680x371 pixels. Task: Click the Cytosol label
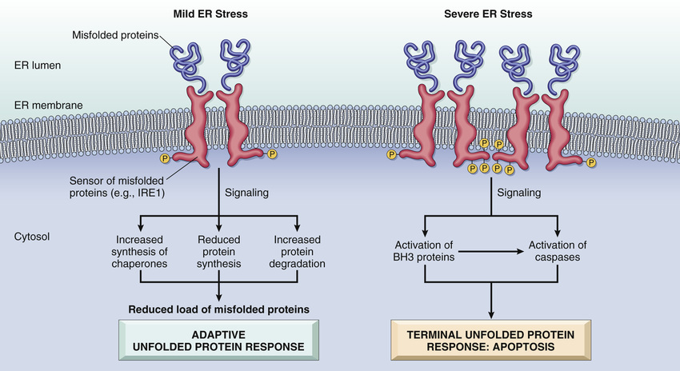33,237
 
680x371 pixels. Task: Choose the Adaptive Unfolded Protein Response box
219,340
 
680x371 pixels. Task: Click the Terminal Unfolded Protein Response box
490,340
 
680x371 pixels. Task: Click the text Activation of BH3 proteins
425,251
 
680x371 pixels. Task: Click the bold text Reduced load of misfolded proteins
218,309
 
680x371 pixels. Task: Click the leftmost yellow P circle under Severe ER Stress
391,154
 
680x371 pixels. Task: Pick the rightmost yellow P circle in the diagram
591,162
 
